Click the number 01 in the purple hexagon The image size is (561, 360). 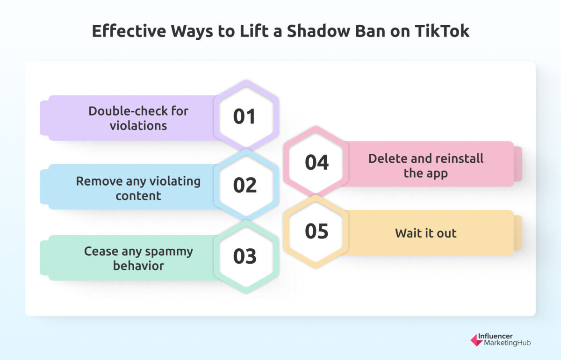point(245,116)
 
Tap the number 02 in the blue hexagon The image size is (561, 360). point(245,186)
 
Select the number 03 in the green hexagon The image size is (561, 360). point(245,256)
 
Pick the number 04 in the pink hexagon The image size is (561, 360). point(316,162)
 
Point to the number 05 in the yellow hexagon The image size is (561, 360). point(316,231)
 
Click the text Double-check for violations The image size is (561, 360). point(138,118)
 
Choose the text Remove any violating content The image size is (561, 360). point(138,188)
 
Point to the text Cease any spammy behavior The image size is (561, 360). point(138,258)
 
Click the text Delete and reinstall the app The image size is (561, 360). point(425,166)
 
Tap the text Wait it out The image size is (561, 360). point(425,233)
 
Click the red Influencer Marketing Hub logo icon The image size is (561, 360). point(476,340)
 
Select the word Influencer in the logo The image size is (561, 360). point(495,336)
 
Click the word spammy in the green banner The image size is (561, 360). point(170,252)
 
